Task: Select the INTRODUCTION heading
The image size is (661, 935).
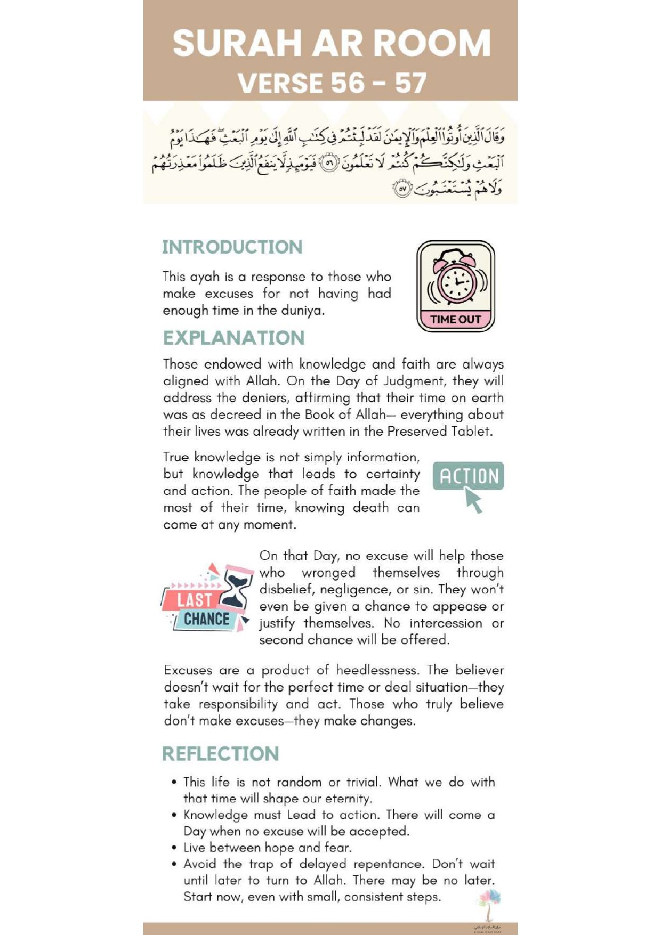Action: point(232,247)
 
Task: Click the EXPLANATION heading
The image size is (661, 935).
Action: point(233,338)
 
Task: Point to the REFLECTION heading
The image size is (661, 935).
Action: point(221,754)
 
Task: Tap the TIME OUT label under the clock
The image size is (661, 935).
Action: point(456,320)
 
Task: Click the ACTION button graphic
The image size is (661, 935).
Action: point(469,476)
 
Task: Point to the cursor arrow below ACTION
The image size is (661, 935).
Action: point(473,501)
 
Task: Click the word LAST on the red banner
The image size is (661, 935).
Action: point(195,600)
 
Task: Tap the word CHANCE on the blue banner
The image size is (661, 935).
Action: point(206,619)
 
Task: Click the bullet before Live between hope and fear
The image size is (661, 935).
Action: point(174,848)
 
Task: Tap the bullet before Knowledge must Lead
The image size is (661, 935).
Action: point(174,815)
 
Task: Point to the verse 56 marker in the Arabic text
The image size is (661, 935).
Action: point(331,164)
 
